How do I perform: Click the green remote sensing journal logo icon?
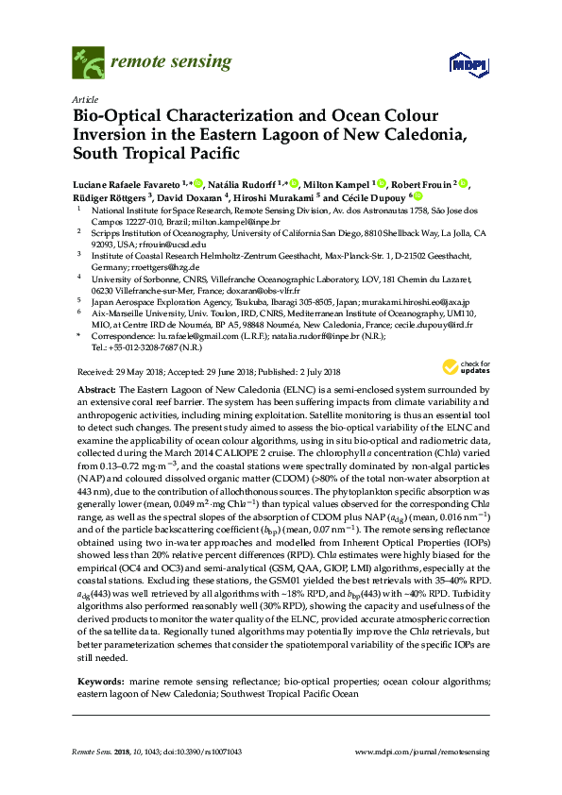(x=88, y=63)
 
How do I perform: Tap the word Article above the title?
(x=83, y=99)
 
